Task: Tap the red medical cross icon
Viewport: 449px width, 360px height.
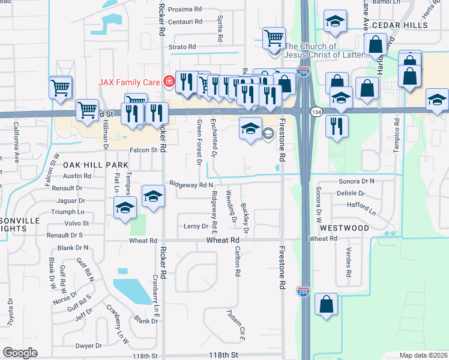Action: [169, 80]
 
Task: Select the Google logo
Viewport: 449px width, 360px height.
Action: [20, 353]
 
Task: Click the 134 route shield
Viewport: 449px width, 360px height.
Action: [316, 112]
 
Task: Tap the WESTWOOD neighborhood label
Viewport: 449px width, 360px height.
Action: [344, 228]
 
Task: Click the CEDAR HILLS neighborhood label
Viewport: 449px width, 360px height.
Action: [400, 26]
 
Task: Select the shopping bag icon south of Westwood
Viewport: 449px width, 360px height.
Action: [327, 305]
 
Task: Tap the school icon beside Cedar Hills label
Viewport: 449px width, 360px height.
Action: [334, 22]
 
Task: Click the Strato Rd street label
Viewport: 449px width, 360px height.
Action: [182, 47]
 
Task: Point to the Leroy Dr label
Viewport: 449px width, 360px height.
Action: [196, 226]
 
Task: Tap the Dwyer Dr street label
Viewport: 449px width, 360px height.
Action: [89, 346]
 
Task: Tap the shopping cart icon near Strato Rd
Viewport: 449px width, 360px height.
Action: [274, 38]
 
